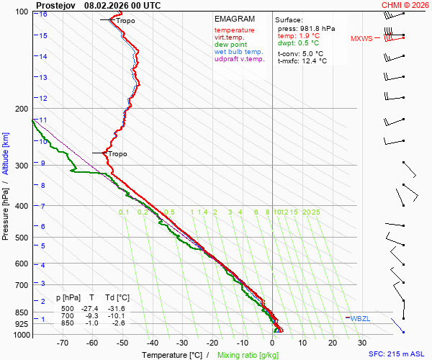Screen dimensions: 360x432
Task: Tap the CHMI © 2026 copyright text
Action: (405, 5)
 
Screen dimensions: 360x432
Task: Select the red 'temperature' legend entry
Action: (234, 30)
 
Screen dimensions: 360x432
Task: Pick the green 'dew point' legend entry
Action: (230, 45)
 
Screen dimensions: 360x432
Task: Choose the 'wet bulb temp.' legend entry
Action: (239, 52)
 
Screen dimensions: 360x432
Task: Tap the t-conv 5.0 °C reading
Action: (300, 53)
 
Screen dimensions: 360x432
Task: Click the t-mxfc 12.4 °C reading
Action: (302, 61)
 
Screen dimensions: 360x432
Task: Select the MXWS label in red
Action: (361, 38)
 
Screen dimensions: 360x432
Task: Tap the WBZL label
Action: (359, 318)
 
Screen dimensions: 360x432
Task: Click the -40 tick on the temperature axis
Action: (152, 343)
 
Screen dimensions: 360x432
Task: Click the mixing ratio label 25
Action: (315, 212)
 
